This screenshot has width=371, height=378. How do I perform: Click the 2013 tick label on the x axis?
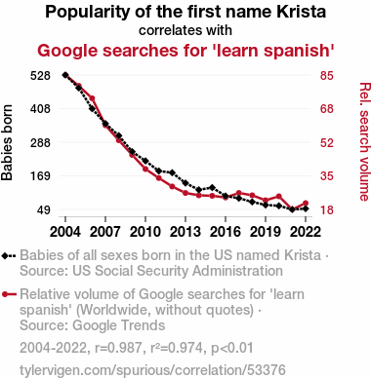tap(185, 232)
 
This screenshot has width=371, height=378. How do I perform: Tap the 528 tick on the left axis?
tap(40, 76)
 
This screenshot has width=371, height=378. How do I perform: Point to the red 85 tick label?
tap(326, 76)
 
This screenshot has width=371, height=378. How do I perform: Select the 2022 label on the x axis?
tap(306, 232)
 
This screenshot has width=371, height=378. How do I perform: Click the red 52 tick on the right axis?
tap(326, 142)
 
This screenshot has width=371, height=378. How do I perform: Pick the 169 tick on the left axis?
tap(40, 176)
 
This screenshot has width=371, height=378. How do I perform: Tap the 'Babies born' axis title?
tap(7, 142)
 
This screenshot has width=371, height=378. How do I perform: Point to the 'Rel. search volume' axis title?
tap(364, 141)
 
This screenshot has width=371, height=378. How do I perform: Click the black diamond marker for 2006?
tap(92, 108)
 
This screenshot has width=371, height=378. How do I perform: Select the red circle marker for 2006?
tap(92, 98)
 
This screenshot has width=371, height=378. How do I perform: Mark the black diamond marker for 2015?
tap(212, 187)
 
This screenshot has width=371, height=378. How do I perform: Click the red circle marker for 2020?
tap(278, 196)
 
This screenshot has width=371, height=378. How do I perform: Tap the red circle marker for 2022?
tap(306, 203)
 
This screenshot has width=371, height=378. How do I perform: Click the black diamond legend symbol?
tap(9, 256)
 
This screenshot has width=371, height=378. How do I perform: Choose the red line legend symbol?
tap(9, 294)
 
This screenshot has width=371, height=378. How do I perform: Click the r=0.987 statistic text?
tap(118, 348)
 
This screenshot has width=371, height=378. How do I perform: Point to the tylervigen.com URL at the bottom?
tap(152, 370)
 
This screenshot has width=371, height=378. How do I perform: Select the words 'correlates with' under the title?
tap(185, 30)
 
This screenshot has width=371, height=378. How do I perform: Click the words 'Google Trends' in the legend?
tap(119, 325)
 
